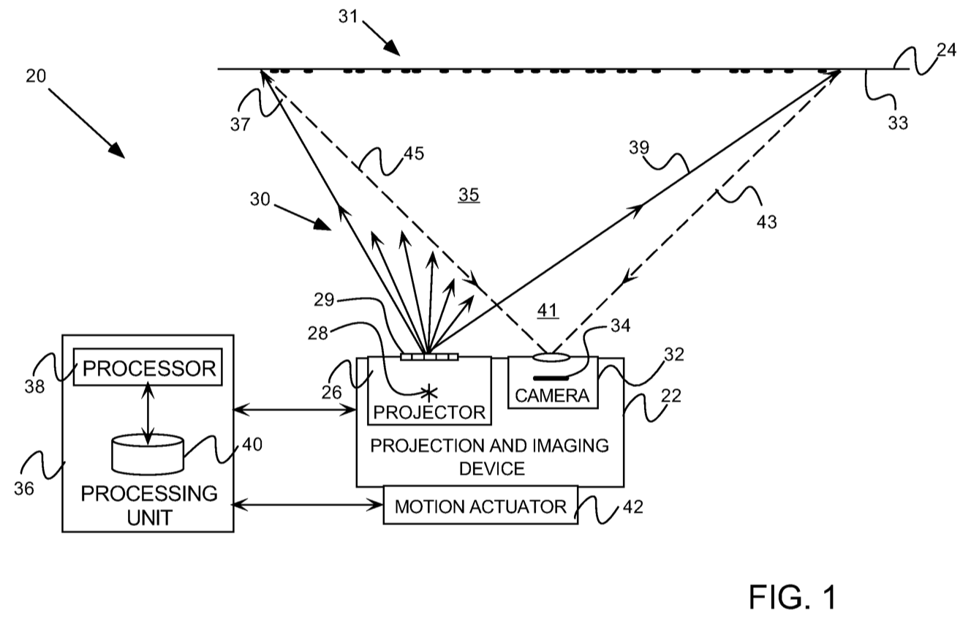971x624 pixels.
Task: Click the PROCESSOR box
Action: coord(149,368)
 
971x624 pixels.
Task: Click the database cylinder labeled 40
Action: coord(148,454)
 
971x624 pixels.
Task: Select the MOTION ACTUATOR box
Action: coord(480,506)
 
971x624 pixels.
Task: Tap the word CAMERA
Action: coord(552,396)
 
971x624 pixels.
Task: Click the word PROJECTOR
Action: coord(428,412)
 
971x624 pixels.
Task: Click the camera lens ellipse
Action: coord(553,358)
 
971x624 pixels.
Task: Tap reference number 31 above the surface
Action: coord(348,16)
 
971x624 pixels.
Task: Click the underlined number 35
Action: coord(469,195)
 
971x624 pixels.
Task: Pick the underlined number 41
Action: coord(548,309)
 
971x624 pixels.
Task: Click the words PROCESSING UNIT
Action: coord(148,505)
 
